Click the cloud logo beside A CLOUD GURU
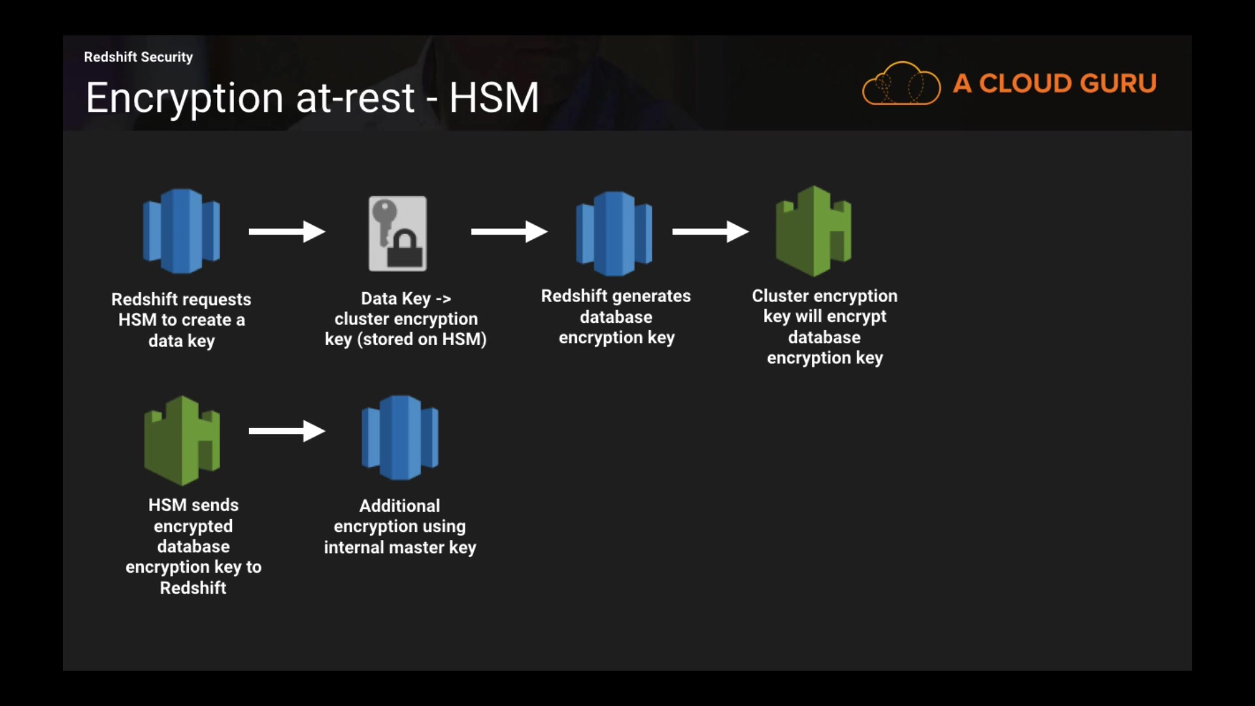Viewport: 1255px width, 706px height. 901,84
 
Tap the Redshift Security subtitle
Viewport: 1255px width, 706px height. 138,57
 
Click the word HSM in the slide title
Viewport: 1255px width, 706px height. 494,98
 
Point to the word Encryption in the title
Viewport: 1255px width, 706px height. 184,98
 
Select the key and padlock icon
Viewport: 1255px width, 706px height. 397,233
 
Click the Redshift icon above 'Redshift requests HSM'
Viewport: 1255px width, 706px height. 181,231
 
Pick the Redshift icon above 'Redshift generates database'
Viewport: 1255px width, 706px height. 614,233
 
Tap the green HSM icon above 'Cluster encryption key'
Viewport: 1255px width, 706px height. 813,231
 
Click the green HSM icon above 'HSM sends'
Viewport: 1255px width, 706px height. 182,440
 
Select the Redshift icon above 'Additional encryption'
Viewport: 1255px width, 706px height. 399,437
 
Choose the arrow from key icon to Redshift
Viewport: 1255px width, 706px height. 509,231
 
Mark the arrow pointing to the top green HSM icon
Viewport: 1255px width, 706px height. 710,231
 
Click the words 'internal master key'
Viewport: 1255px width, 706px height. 399,547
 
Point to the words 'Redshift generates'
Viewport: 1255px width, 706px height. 615,296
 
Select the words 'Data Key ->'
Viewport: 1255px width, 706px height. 405,299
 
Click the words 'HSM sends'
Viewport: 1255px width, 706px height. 193,505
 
